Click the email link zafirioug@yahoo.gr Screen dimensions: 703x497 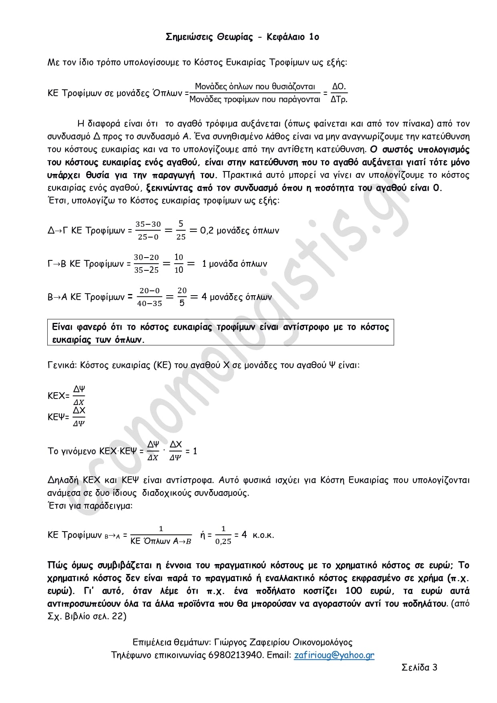(x=334, y=655)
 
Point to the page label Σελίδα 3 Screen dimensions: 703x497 (x=419, y=667)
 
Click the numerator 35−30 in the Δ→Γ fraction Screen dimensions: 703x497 (x=148, y=224)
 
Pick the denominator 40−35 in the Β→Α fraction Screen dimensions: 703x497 (x=149, y=303)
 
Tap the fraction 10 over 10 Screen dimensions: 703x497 (x=179, y=263)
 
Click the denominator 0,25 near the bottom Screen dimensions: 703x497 (x=223, y=541)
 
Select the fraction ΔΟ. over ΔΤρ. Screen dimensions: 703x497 (x=339, y=93)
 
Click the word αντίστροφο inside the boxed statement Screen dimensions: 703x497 (x=306, y=327)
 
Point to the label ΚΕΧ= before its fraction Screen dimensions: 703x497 (x=58, y=396)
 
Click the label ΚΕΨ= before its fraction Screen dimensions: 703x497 (x=58, y=417)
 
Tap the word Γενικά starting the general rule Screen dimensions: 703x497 (x=62, y=365)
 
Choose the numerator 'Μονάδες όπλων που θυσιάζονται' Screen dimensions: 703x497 (x=255, y=87)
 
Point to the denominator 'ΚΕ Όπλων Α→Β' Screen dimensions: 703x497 (x=161, y=541)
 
